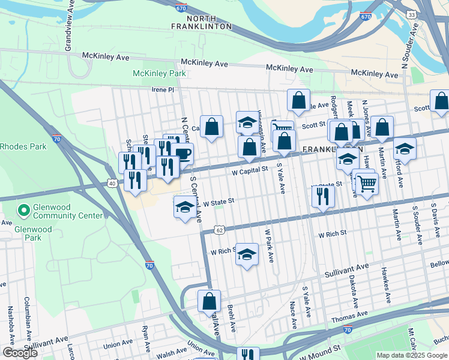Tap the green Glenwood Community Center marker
(23, 211)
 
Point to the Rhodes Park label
(23, 146)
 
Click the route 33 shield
(428, 14)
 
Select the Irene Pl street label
(161, 89)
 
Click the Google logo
(20, 353)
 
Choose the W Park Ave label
(270, 245)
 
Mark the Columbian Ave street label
(28, 314)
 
